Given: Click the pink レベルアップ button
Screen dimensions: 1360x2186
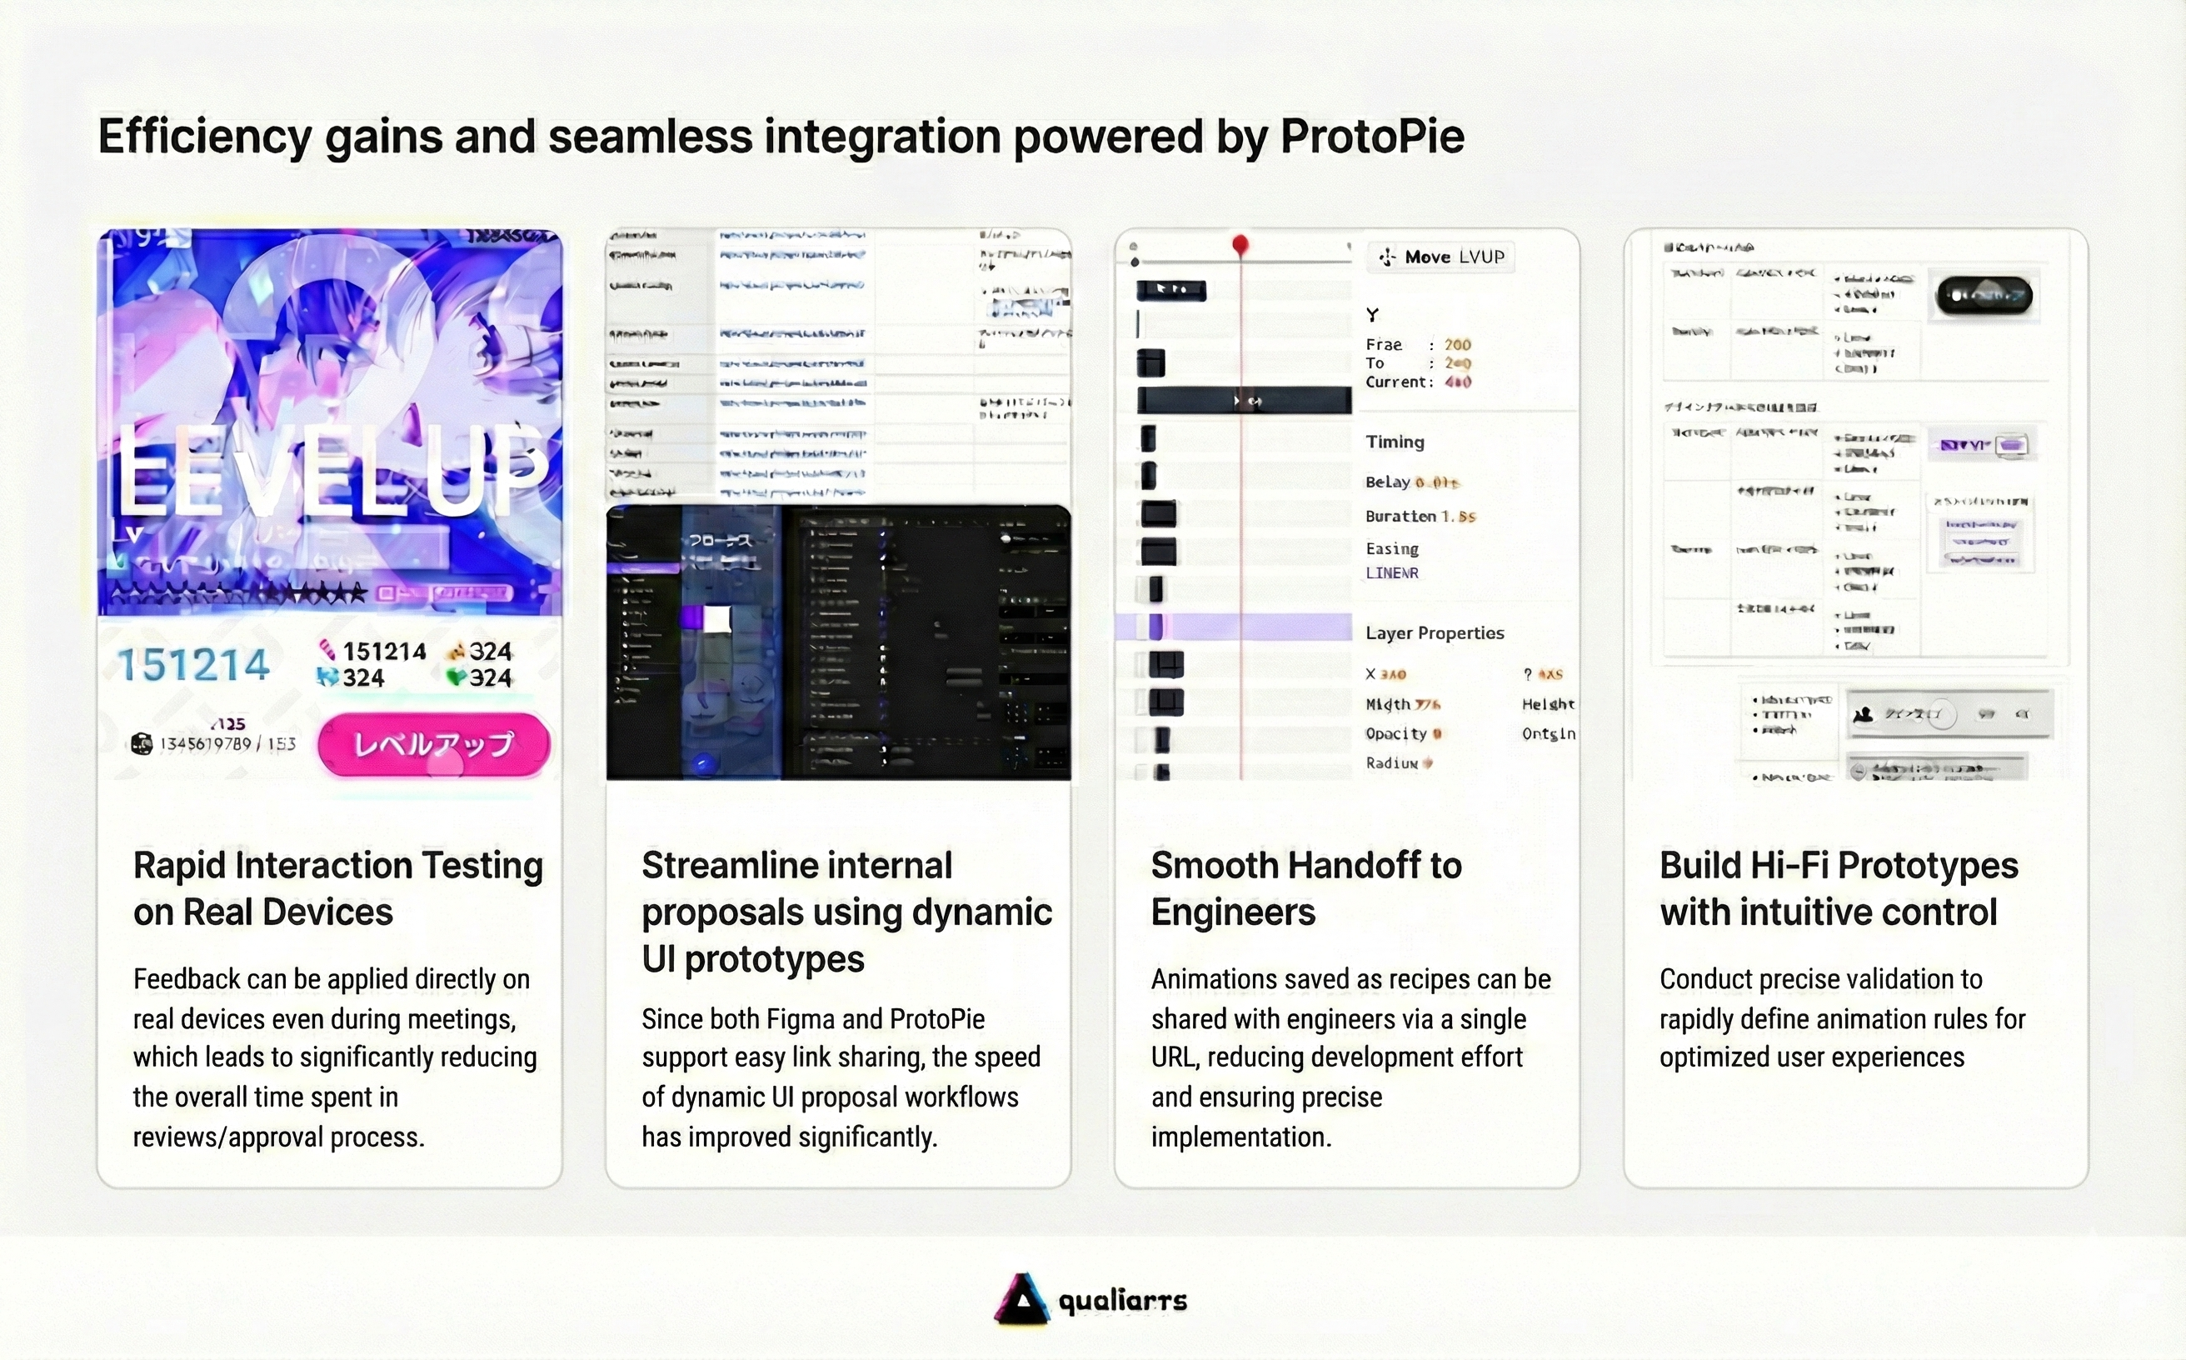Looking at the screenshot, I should point(433,744).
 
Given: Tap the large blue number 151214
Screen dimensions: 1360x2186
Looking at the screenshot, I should point(193,665).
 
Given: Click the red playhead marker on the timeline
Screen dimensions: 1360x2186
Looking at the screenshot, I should point(1240,244).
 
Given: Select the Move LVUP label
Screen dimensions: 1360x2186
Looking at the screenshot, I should point(1441,257).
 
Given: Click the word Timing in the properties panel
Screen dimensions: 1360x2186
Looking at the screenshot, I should point(1395,442).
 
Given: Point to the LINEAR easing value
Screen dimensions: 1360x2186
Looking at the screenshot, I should point(1391,573).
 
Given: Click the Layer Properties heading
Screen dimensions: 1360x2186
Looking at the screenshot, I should point(1435,632).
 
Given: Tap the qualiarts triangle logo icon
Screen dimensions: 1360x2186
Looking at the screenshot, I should point(1021,1299).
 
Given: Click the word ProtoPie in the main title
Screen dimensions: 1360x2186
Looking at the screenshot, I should point(1371,137).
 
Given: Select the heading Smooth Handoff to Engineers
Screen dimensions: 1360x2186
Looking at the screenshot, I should point(1305,888).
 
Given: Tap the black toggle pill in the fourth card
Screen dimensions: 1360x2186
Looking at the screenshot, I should point(1983,295).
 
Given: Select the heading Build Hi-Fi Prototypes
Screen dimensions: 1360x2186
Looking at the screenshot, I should point(1838,866).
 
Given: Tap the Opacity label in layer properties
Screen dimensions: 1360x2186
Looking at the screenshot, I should point(1395,734).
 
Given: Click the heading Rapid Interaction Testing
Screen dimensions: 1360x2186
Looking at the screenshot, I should point(337,866).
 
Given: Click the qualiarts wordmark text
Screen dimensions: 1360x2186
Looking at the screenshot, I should point(1121,1301).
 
